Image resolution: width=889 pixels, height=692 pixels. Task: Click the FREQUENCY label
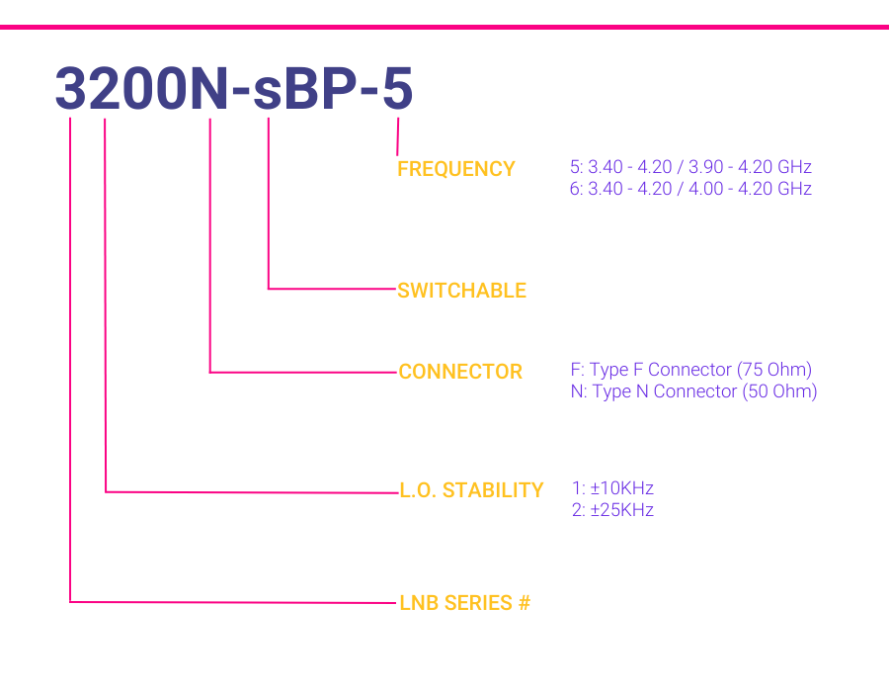coord(455,169)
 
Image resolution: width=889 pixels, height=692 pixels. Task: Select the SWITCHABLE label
coord(461,291)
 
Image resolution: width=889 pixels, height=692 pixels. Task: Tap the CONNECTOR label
coord(459,372)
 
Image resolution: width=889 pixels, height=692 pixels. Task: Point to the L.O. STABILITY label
coord(471,490)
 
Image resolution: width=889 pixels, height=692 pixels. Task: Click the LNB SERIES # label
coord(464,603)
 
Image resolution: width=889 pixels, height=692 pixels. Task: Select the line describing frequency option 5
coord(690,167)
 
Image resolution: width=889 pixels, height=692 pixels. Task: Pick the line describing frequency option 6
coord(690,188)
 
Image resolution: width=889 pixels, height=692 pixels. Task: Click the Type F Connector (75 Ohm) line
coord(691,370)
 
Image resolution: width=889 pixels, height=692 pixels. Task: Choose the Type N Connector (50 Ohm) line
coord(693,391)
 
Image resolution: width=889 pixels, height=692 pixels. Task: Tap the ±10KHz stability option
coord(612,488)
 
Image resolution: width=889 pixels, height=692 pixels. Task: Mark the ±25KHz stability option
coord(612,510)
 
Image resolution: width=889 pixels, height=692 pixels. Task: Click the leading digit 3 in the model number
coord(70,89)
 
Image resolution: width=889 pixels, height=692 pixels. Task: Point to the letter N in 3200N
coord(208,89)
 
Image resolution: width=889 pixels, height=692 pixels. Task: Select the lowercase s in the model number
coord(267,94)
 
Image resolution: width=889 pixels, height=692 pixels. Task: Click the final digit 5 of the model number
coord(397,89)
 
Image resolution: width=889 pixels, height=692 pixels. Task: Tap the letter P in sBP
coord(340,89)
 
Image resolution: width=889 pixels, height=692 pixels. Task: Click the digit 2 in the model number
coord(105,89)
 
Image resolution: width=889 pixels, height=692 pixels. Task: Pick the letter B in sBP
coord(302,89)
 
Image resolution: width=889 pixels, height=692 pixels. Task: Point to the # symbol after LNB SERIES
coord(524,603)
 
